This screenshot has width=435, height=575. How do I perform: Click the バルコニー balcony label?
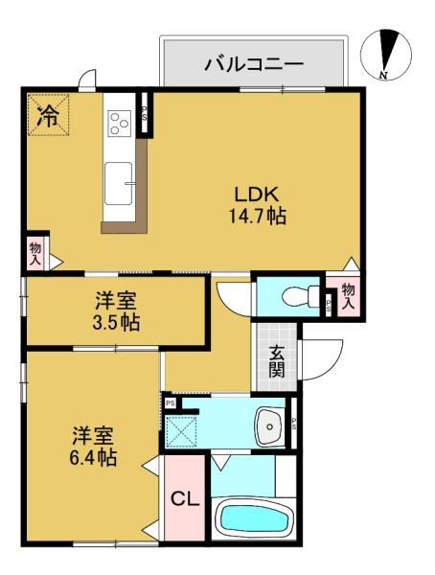pos(254,64)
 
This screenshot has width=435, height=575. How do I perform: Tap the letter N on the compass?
pos(384,75)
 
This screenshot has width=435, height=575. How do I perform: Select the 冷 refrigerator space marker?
pos(49,115)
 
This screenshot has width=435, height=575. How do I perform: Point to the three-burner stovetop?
pos(120,123)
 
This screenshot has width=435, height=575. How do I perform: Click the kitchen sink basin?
pos(118,183)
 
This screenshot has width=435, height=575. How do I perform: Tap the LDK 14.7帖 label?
pos(257,205)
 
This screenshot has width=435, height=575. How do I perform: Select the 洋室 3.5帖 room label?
pos(116,311)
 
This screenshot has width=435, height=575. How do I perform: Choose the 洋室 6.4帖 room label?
pos(93,446)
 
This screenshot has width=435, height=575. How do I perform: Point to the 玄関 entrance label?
pos(277,361)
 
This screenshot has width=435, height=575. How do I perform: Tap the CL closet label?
pos(185,499)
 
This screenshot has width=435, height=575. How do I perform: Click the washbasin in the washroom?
pos(269,426)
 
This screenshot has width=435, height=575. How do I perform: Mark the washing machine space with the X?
pos(180,431)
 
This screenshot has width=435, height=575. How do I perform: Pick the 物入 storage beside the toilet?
pos(347,295)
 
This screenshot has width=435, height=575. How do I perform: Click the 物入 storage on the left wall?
pos(35,253)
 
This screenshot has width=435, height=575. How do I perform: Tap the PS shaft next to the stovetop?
pos(145,113)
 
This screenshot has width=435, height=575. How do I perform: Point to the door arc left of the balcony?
pos(87,78)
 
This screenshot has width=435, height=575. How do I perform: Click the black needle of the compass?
pos(387,51)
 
